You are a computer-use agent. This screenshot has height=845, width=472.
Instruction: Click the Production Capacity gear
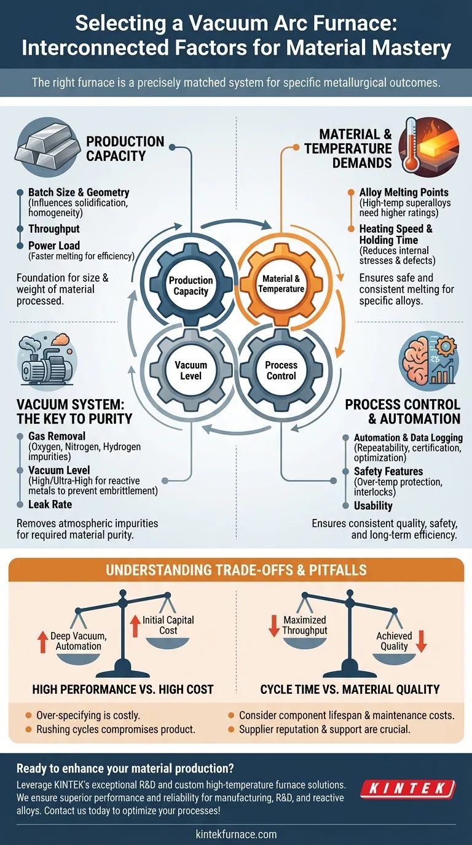click(191, 285)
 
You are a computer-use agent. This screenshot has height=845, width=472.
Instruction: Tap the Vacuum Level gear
click(191, 370)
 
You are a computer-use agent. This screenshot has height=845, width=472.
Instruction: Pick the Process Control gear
click(281, 370)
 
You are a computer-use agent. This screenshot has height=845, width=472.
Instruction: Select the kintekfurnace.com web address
click(236, 834)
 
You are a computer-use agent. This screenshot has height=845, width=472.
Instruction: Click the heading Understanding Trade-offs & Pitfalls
click(236, 570)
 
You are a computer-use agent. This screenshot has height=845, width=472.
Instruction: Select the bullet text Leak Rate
click(50, 504)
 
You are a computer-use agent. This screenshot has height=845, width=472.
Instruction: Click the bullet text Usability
click(373, 506)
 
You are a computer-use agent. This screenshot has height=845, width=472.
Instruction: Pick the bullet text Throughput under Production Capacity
click(54, 229)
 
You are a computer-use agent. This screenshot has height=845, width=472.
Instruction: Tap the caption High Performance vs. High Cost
click(123, 689)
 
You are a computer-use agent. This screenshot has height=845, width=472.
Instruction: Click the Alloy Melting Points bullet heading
click(404, 192)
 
